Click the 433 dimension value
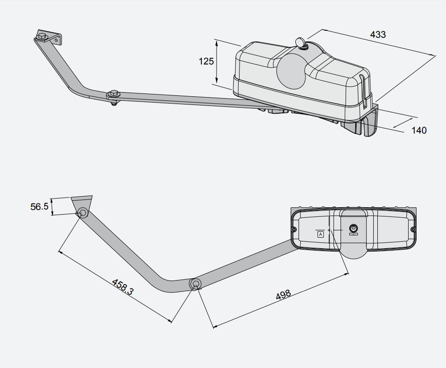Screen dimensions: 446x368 [x=378, y=35]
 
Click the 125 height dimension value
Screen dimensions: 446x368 [x=206, y=61]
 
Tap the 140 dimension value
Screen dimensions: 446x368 [x=419, y=130]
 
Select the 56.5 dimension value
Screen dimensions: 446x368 [x=39, y=206]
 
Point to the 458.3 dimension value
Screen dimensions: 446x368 [x=123, y=286]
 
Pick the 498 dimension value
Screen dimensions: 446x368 [x=283, y=295]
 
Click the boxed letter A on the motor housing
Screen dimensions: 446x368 [x=321, y=234]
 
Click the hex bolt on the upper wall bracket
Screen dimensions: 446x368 [x=42, y=37]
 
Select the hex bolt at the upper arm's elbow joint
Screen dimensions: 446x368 [x=114, y=93]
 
